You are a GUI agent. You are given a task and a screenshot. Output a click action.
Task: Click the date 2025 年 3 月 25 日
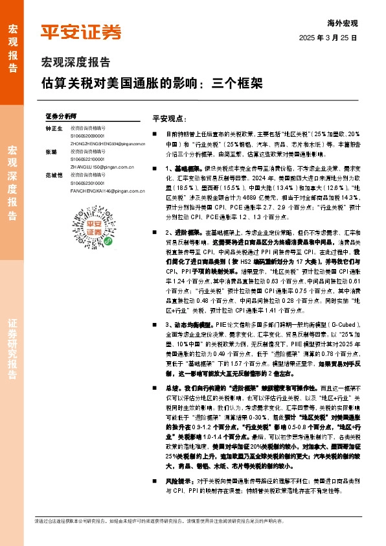click(328, 38)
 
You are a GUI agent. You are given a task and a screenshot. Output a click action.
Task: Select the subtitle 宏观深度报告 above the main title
click(75, 63)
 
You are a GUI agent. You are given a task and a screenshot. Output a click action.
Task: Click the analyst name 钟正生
click(54, 128)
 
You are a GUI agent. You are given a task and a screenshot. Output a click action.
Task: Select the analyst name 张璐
click(51, 152)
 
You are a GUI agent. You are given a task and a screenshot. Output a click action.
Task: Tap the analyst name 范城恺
click(54, 175)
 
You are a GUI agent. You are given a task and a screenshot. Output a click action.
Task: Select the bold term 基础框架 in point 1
click(178, 168)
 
